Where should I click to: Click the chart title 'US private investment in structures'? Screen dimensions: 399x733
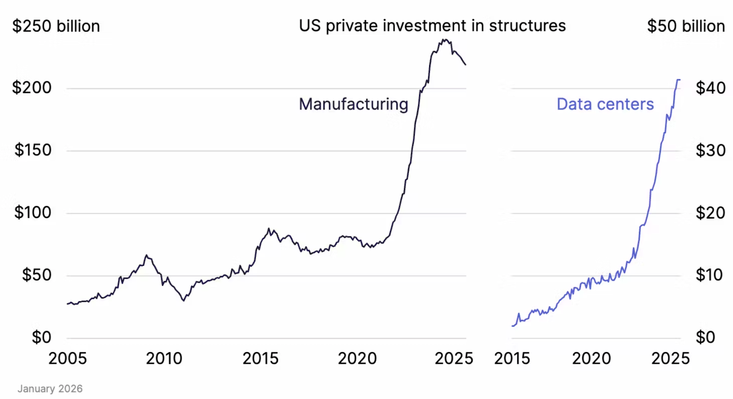click(x=432, y=26)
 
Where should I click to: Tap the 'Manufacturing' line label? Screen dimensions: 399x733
click(x=353, y=104)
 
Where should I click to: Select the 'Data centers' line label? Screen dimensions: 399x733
click(x=605, y=104)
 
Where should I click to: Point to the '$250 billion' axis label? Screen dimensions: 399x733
click(x=56, y=26)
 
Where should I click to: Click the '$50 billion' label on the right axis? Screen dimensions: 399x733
click(x=685, y=26)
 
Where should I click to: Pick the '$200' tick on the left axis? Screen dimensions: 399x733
click(x=32, y=87)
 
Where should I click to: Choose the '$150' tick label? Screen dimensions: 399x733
click(x=33, y=150)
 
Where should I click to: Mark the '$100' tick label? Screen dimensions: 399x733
click(x=33, y=213)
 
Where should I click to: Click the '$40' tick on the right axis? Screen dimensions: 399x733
click(x=710, y=87)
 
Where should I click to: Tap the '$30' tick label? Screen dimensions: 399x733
click(x=710, y=150)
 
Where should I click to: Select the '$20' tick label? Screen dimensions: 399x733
click(x=710, y=213)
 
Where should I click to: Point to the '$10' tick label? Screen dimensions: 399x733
click(x=709, y=275)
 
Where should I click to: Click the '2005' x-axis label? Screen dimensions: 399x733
click(x=67, y=358)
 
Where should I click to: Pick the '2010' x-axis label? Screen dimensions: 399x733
click(x=164, y=358)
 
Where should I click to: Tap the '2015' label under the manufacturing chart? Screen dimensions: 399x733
click(x=260, y=358)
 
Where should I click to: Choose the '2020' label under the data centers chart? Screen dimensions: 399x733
click(x=591, y=358)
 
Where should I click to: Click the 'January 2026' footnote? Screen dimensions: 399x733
click(x=50, y=388)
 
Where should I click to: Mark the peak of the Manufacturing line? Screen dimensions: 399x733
click(x=444, y=40)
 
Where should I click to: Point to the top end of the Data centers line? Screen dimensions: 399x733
click(x=679, y=80)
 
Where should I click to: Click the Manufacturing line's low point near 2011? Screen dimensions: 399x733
click(x=184, y=301)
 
